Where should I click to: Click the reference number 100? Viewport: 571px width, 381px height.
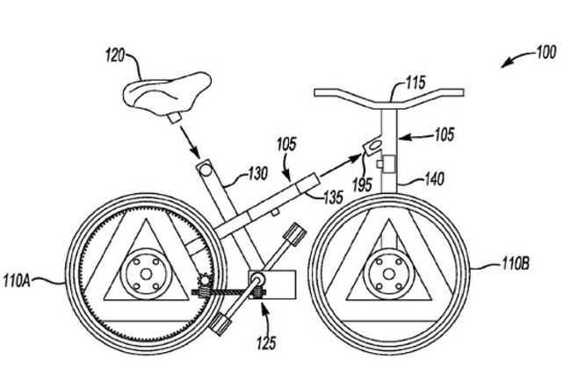click(x=545, y=54)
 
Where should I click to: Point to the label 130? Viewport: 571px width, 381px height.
click(x=257, y=174)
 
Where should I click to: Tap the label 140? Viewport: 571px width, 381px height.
click(x=433, y=179)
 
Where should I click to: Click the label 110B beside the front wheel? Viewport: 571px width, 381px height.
click(x=517, y=262)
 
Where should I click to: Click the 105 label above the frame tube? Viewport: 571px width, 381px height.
click(x=285, y=142)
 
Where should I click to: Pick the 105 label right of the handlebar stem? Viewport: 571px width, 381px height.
click(x=445, y=135)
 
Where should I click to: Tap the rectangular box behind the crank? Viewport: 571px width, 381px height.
click(x=272, y=284)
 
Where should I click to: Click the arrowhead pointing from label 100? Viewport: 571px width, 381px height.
click(x=503, y=64)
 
